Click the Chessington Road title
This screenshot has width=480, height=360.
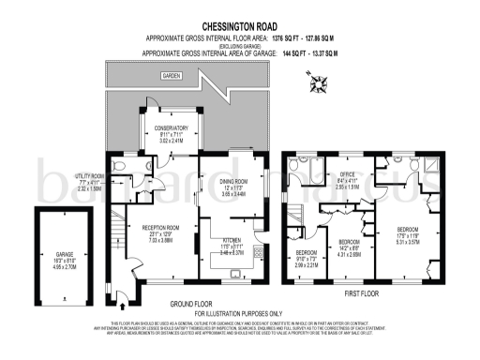(239, 29)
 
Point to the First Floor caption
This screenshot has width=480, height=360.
(367, 292)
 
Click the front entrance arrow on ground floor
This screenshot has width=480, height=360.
(123, 302)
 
